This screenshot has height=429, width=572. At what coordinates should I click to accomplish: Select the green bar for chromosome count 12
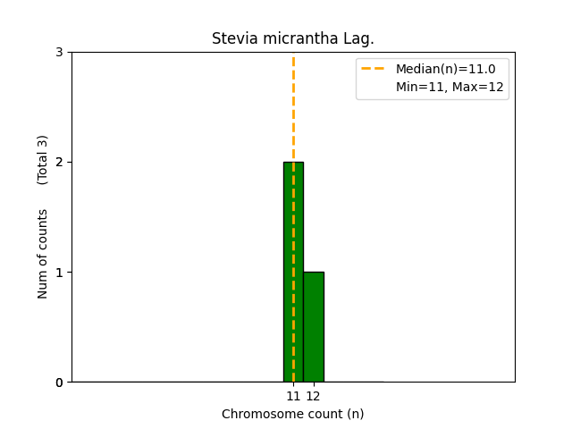(314, 327)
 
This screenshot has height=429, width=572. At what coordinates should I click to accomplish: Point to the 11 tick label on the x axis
(293, 396)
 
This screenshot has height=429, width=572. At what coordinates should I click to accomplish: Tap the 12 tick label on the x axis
(314, 396)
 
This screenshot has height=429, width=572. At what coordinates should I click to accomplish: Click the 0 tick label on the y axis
(59, 383)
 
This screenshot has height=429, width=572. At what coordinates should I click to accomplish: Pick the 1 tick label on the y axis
(59, 273)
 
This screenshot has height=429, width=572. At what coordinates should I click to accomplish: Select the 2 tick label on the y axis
(59, 163)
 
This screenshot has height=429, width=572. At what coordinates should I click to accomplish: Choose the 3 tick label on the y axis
(59, 53)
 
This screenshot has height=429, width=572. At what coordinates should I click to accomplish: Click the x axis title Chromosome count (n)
(293, 414)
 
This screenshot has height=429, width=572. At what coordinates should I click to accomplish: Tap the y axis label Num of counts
(43, 254)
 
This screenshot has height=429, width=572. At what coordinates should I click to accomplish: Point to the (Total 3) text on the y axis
(43, 160)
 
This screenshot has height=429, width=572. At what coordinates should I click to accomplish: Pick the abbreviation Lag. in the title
(359, 39)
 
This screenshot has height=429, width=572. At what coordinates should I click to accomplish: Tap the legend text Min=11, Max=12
(450, 87)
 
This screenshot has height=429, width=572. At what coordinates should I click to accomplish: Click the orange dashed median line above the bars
(293, 107)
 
